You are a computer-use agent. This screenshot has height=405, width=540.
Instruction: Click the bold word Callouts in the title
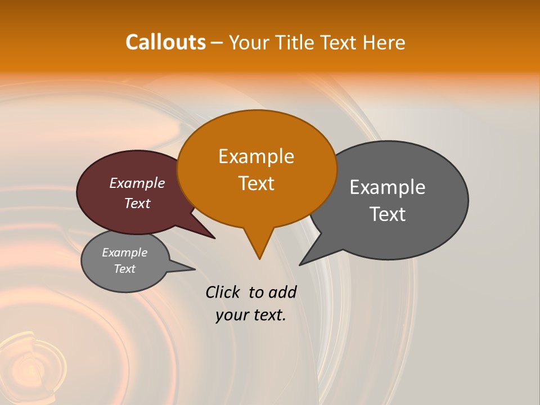[x=165, y=42]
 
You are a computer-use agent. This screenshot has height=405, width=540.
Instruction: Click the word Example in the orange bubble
[x=256, y=156]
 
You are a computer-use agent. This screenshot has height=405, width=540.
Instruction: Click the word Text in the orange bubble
[x=256, y=183]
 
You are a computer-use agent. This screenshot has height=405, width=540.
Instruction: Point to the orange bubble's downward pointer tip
[x=259, y=259]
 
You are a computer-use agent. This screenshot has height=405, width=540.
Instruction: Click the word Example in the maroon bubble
[x=137, y=183]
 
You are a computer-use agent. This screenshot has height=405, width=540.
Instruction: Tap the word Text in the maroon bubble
[x=137, y=203]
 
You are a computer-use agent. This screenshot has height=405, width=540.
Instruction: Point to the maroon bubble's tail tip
[x=214, y=238]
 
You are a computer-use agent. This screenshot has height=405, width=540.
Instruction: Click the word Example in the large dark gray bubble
[x=388, y=187]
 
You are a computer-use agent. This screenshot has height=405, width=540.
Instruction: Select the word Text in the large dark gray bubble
[x=388, y=214]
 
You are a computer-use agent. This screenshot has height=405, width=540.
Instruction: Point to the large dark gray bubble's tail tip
[x=300, y=264]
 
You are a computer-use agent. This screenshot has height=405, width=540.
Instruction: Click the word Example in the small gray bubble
[x=124, y=253]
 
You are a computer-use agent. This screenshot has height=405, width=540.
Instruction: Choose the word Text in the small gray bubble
[x=124, y=269]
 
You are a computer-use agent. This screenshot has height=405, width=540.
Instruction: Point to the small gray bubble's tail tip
[x=195, y=269]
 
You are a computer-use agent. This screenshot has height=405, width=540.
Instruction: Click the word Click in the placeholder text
[x=223, y=292]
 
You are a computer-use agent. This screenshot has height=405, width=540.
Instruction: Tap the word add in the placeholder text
[x=282, y=292]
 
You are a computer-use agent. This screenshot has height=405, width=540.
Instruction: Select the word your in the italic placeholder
[x=232, y=316]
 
